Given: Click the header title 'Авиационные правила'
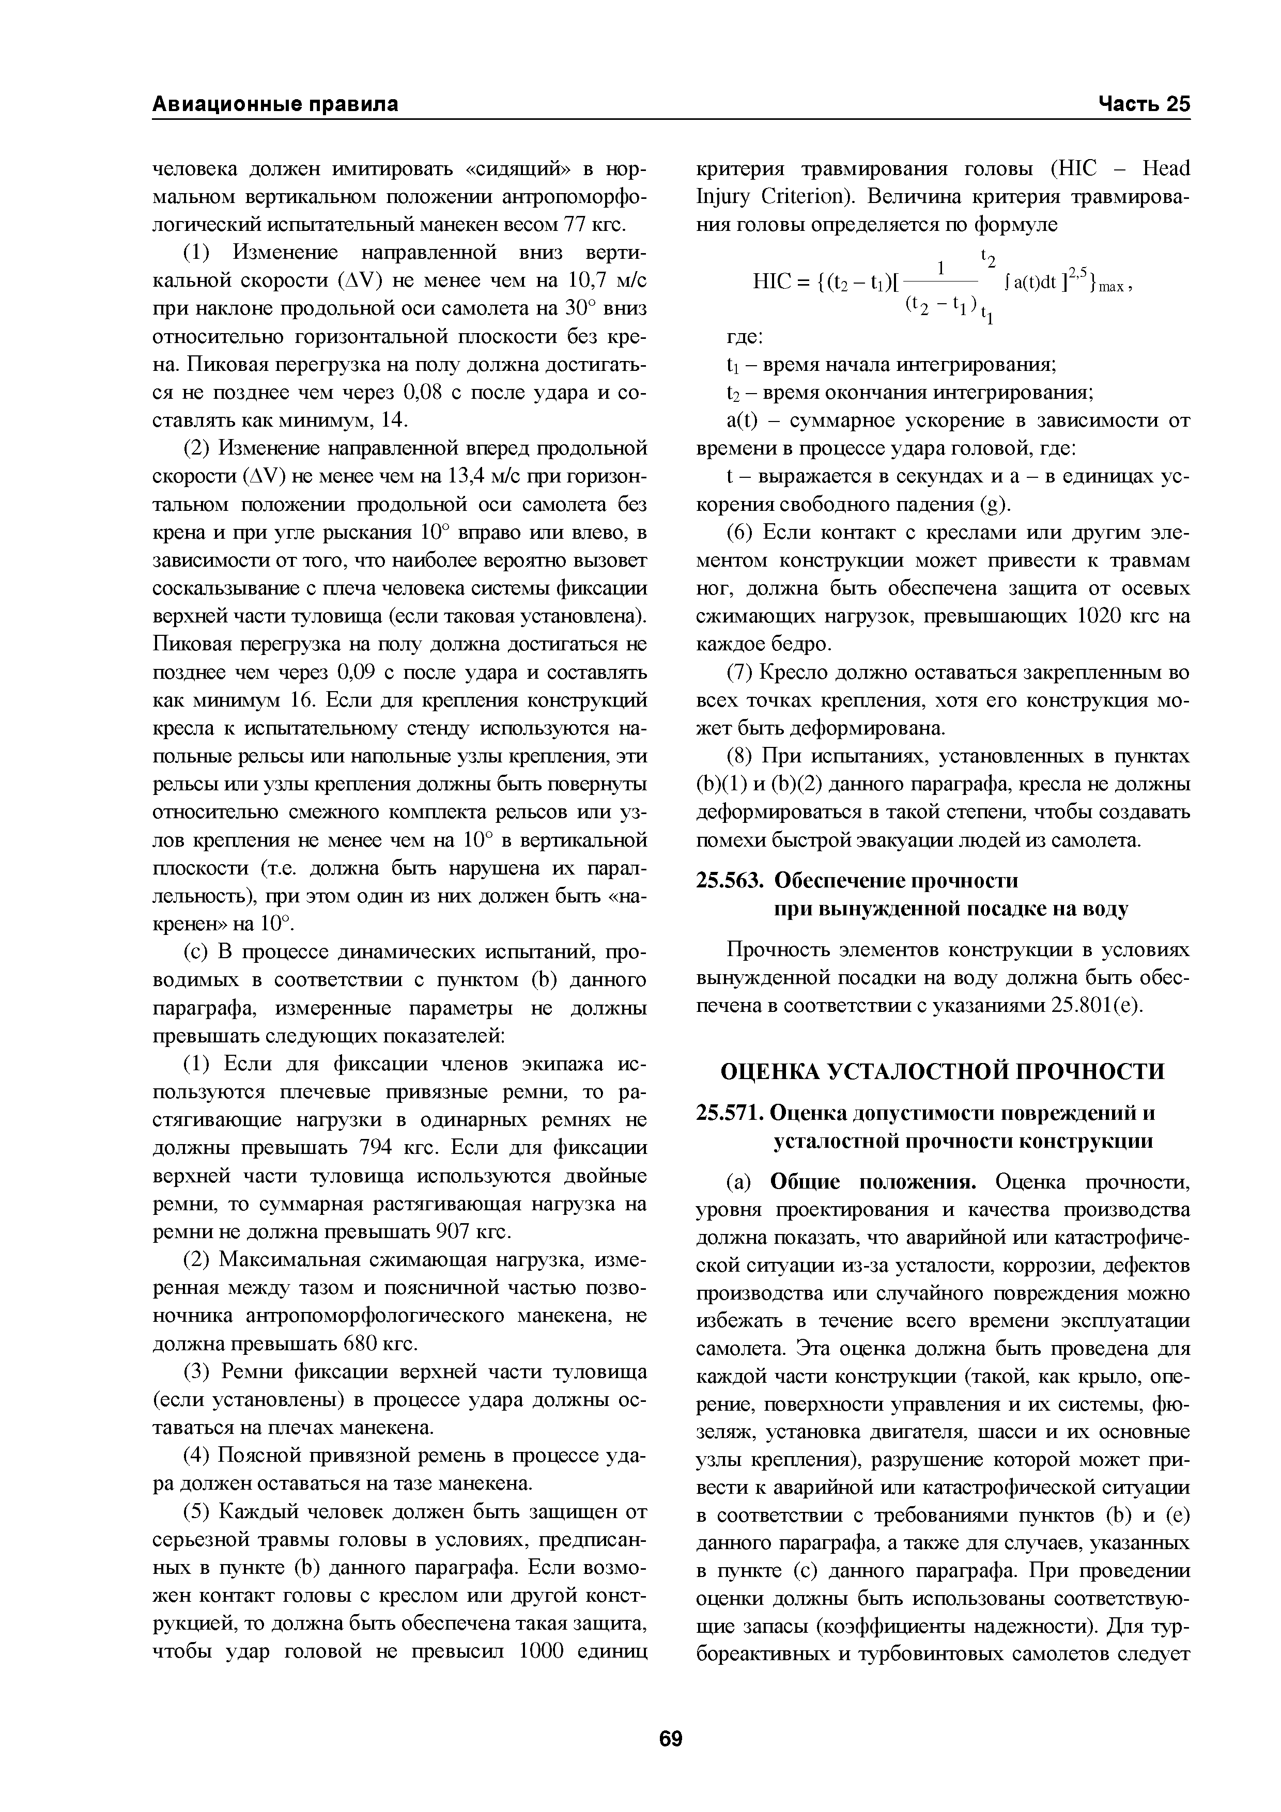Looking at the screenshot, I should (275, 104).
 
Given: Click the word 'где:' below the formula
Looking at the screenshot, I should (744, 337).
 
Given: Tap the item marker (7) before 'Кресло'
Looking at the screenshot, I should (739, 673).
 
